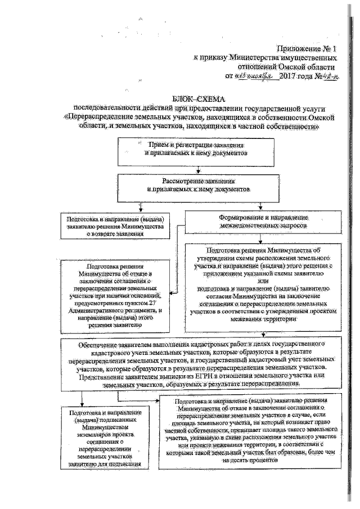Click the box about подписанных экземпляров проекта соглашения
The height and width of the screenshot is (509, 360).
pyautogui.click(x=103, y=438)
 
